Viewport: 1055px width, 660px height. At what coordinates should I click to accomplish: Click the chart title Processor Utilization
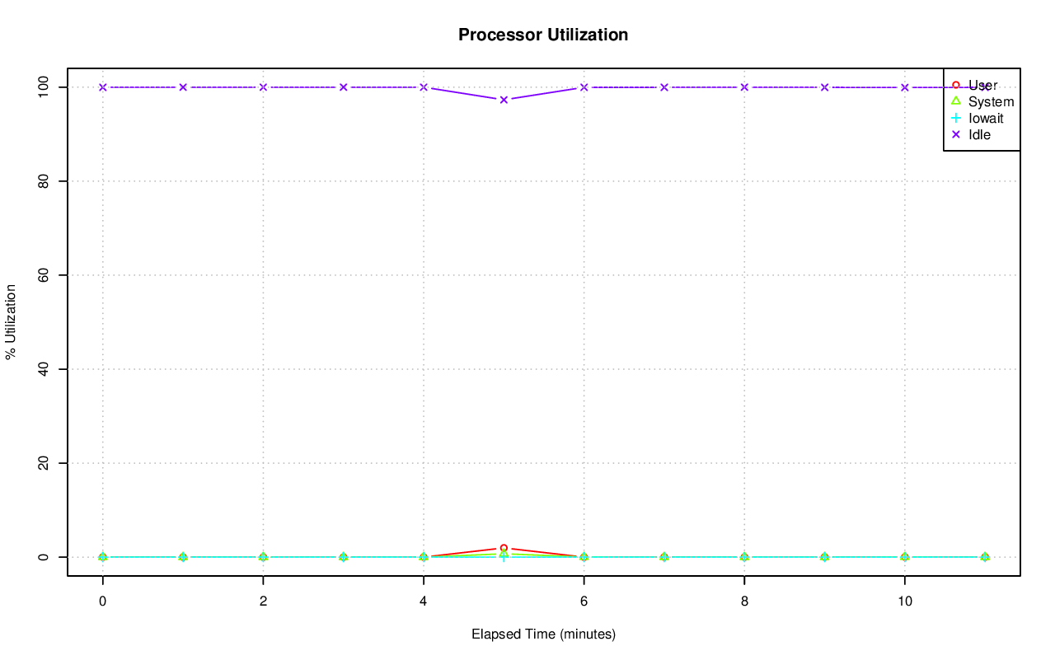543,35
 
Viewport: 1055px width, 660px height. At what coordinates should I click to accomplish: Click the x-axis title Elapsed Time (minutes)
543,634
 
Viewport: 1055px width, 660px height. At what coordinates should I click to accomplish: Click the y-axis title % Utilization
12,321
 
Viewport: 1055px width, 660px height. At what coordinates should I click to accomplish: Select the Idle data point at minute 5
504,100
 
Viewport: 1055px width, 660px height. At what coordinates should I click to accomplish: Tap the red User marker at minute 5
504,548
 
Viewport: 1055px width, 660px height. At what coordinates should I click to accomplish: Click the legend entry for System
991,101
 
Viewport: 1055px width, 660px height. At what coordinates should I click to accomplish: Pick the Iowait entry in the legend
986,118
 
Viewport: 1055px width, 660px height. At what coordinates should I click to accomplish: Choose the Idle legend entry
979,134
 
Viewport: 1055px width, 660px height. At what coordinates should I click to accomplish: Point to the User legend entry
982,85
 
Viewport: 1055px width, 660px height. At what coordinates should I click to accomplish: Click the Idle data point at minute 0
102,87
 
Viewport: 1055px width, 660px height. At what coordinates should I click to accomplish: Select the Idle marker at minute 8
744,87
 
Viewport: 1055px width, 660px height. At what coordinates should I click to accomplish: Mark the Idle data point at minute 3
343,87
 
